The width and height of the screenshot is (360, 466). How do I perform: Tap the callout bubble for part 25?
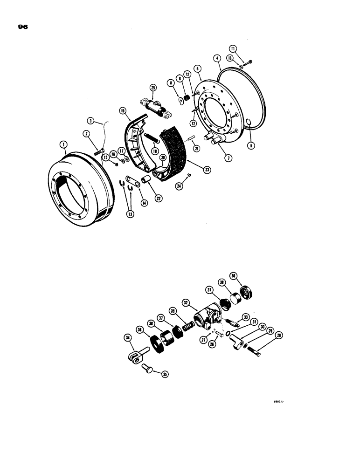(x=152, y=88)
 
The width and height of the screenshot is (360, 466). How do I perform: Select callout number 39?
(x=186, y=312)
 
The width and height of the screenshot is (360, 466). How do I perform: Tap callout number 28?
(x=279, y=336)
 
